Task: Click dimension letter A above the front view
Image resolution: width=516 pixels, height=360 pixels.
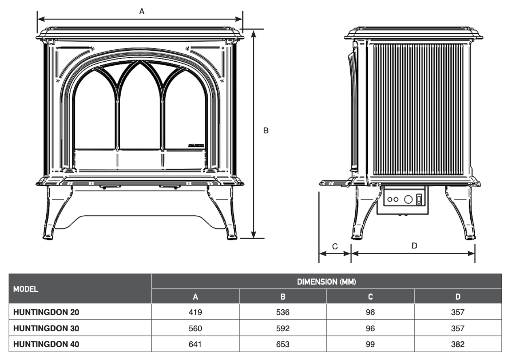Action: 142,12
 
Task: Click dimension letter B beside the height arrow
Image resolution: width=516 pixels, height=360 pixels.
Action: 266,131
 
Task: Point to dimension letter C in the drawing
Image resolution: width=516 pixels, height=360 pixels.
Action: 335,246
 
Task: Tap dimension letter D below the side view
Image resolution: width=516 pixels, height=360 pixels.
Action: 414,246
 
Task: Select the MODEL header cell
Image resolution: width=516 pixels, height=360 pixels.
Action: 26,289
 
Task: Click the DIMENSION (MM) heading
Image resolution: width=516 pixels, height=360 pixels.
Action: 326,282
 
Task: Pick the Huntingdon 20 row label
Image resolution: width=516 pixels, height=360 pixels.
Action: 47,313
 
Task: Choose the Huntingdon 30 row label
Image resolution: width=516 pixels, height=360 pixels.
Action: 47,328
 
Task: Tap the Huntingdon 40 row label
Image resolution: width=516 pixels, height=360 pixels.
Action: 47,345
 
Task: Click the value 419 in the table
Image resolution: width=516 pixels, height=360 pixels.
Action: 195,313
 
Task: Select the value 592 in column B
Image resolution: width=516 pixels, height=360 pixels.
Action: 283,328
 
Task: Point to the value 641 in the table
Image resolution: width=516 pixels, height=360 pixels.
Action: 195,345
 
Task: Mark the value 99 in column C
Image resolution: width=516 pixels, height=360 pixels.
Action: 370,345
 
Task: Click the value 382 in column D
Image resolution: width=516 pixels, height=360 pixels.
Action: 458,345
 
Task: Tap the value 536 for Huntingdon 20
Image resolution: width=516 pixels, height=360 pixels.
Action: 283,313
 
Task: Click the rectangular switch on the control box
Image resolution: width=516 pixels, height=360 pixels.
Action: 419,199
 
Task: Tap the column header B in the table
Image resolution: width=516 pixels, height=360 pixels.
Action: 283,297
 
